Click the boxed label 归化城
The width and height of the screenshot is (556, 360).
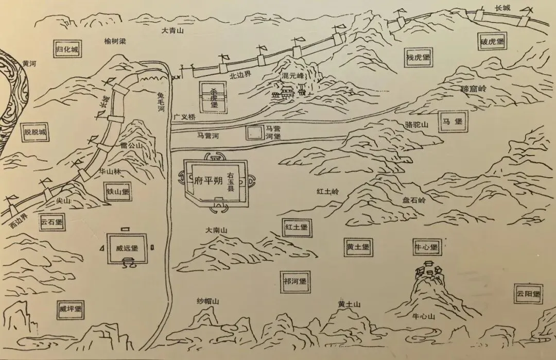68,50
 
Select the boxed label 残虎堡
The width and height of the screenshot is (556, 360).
418,57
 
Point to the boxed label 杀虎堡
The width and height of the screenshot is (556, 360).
214,97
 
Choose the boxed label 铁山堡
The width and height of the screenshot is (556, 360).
117,192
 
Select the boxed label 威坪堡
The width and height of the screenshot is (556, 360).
71,309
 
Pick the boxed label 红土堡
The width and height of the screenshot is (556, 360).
297,227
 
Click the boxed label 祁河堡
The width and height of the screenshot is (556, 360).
294,282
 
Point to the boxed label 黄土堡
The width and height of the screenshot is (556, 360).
359,247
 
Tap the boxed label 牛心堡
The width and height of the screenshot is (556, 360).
426,247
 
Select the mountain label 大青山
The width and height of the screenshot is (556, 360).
172,31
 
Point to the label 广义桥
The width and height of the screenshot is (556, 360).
185,117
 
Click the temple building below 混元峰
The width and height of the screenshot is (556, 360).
288,93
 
